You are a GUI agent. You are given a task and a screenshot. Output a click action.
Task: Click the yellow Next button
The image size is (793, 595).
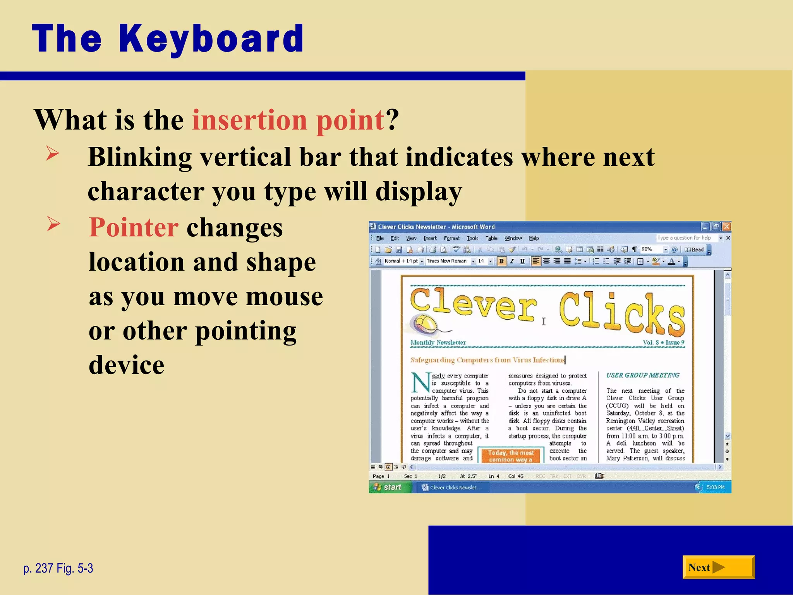point(718,567)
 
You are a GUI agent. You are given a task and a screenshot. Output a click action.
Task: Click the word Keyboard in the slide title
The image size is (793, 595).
point(211,39)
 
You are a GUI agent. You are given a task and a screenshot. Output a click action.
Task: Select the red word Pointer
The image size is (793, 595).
point(134,227)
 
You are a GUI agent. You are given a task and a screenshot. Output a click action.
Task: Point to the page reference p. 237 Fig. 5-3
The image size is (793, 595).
point(58,568)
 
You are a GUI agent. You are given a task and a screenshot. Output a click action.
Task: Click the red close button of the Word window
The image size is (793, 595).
point(726,226)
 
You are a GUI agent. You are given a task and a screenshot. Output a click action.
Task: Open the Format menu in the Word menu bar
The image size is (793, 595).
point(451,238)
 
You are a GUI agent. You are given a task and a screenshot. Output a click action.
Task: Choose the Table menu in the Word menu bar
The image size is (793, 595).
point(491,238)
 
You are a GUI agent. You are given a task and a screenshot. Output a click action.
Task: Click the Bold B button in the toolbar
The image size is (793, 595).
point(501,261)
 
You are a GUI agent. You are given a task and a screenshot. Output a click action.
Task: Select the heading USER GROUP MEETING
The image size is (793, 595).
point(643,375)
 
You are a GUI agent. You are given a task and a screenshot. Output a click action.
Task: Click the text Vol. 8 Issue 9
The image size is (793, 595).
point(663,342)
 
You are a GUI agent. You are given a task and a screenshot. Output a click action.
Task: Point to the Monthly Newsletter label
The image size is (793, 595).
point(438,342)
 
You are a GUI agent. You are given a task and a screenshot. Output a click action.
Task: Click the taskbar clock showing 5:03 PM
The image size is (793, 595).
point(715,487)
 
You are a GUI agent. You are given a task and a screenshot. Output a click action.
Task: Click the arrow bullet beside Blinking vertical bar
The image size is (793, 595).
point(53,153)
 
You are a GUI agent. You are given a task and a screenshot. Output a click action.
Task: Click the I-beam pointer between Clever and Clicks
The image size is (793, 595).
point(544,321)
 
